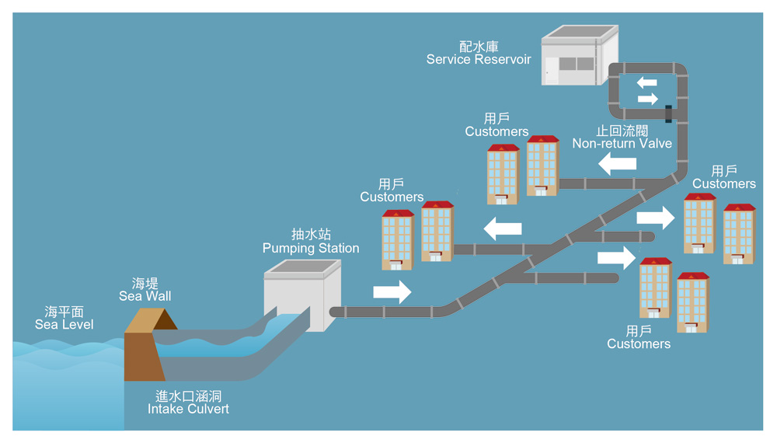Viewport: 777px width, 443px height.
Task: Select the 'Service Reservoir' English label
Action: pyautogui.click(x=479, y=60)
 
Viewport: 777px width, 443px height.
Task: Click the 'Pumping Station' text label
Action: pyautogui.click(x=311, y=249)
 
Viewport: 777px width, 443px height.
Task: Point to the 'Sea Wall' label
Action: pyautogui.click(x=145, y=296)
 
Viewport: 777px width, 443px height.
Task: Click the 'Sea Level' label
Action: pyautogui.click(x=64, y=324)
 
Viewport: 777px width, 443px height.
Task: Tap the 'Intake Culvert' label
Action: pyautogui.click(x=189, y=409)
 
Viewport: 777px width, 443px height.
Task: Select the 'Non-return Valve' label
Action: pyautogui.click(x=622, y=144)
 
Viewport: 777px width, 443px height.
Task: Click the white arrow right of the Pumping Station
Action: pyautogui.click(x=392, y=292)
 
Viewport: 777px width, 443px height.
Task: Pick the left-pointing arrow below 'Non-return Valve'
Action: pyautogui.click(x=618, y=164)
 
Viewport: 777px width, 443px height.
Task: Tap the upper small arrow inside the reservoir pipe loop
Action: pyautogui.click(x=646, y=82)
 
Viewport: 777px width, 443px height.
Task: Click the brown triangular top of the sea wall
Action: pyautogui.click(x=152, y=319)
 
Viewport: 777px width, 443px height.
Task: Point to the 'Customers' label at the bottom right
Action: pyautogui.click(x=639, y=344)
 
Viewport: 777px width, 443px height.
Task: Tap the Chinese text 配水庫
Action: pyautogui.click(x=479, y=47)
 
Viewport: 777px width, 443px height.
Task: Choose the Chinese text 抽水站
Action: pyautogui.click(x=311, y=235)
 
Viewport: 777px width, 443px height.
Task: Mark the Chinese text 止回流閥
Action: pyautogui.click(x=622, y=131)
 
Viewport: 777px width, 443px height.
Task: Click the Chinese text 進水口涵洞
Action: pyautogui.click(x=189, y=396)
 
